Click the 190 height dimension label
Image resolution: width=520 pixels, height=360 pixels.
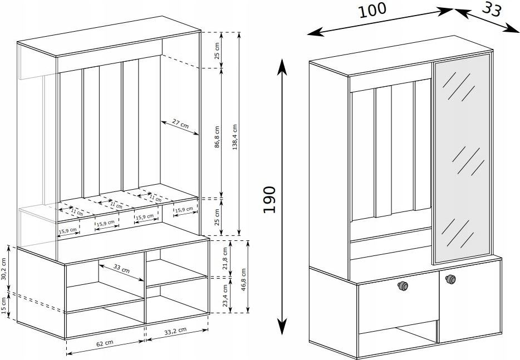269,200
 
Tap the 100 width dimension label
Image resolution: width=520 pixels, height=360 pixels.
372,10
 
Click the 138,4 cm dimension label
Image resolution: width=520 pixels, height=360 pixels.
235,137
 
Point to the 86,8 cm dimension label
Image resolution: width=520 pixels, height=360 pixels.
217,136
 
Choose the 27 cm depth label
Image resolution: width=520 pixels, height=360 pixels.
181,124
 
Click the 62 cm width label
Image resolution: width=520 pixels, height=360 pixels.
105,343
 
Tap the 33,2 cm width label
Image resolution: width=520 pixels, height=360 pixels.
175,331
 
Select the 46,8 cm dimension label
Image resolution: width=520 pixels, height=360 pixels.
244,280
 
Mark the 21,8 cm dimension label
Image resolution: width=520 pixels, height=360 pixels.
225,259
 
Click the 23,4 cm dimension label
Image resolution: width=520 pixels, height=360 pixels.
225,295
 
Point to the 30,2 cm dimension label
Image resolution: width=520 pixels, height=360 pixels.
4,269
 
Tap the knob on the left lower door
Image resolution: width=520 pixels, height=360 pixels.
403,285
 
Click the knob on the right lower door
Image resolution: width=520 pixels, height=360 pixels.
450,279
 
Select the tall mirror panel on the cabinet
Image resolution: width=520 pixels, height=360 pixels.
462,159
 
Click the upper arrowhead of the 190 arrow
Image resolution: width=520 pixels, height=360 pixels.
282,66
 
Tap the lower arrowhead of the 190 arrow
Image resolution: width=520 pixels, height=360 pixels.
282,327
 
